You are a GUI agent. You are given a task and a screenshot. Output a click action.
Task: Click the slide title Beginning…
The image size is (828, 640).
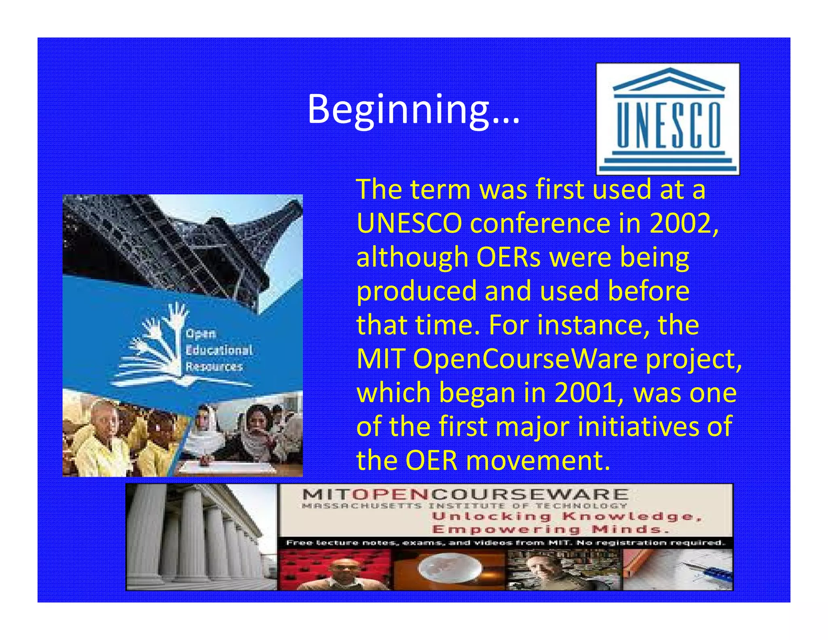click(x=413, y=109)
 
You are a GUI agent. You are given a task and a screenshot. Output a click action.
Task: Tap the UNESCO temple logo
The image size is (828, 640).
click(x=668, y=119)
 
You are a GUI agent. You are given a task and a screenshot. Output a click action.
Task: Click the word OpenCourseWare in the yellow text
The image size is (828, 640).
click(x=526, y=359)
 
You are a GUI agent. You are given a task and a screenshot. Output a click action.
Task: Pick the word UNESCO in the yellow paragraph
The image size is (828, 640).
click(x=409, y=223)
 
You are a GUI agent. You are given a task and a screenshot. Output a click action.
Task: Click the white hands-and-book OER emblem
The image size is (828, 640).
click(x=156, y=344)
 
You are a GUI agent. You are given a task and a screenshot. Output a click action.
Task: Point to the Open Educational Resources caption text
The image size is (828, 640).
click(x=218, y=350)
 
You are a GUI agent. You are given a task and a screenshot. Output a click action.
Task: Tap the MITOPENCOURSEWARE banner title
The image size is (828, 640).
click(x=465, y=494)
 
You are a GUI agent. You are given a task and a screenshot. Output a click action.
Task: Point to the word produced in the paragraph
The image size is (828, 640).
click(x=416, y=291)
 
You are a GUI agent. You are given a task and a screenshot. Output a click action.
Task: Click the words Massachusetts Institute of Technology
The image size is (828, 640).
click(x=465, y=506)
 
